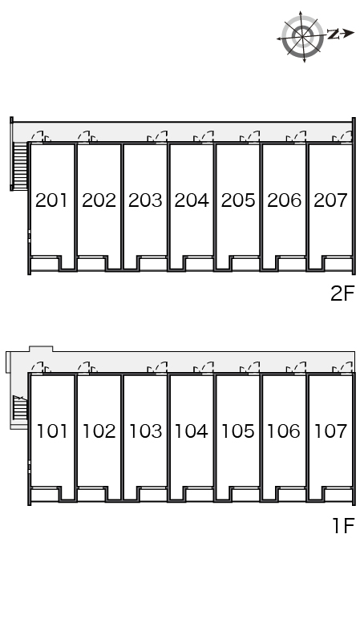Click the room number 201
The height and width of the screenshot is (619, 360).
pos(51,200)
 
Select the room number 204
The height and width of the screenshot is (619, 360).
pos(192,200)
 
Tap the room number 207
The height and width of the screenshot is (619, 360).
pos(331,200)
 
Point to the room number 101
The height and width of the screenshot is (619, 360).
pos(52,431)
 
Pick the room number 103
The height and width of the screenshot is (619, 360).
pos(145,431)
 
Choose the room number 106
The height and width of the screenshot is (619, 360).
pos(284,431)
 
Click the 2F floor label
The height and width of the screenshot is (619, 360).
pos(342,293)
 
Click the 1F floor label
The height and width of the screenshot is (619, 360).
pos(343,525)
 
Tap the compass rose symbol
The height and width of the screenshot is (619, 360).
pos(302,36)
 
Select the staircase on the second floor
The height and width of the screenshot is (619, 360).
pos(20,166)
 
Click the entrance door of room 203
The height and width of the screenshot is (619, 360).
pos(157,137)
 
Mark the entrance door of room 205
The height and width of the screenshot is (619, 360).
pos(250,137)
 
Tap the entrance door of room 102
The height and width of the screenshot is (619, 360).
pos(87,367)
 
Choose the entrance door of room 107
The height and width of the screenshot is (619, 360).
pos(342,367)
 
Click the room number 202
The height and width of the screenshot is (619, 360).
pos(99,200)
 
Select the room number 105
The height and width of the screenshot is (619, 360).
pos(237,431)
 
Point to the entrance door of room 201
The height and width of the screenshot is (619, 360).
pos(41,137)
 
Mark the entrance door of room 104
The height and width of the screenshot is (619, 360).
pos(204,367)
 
